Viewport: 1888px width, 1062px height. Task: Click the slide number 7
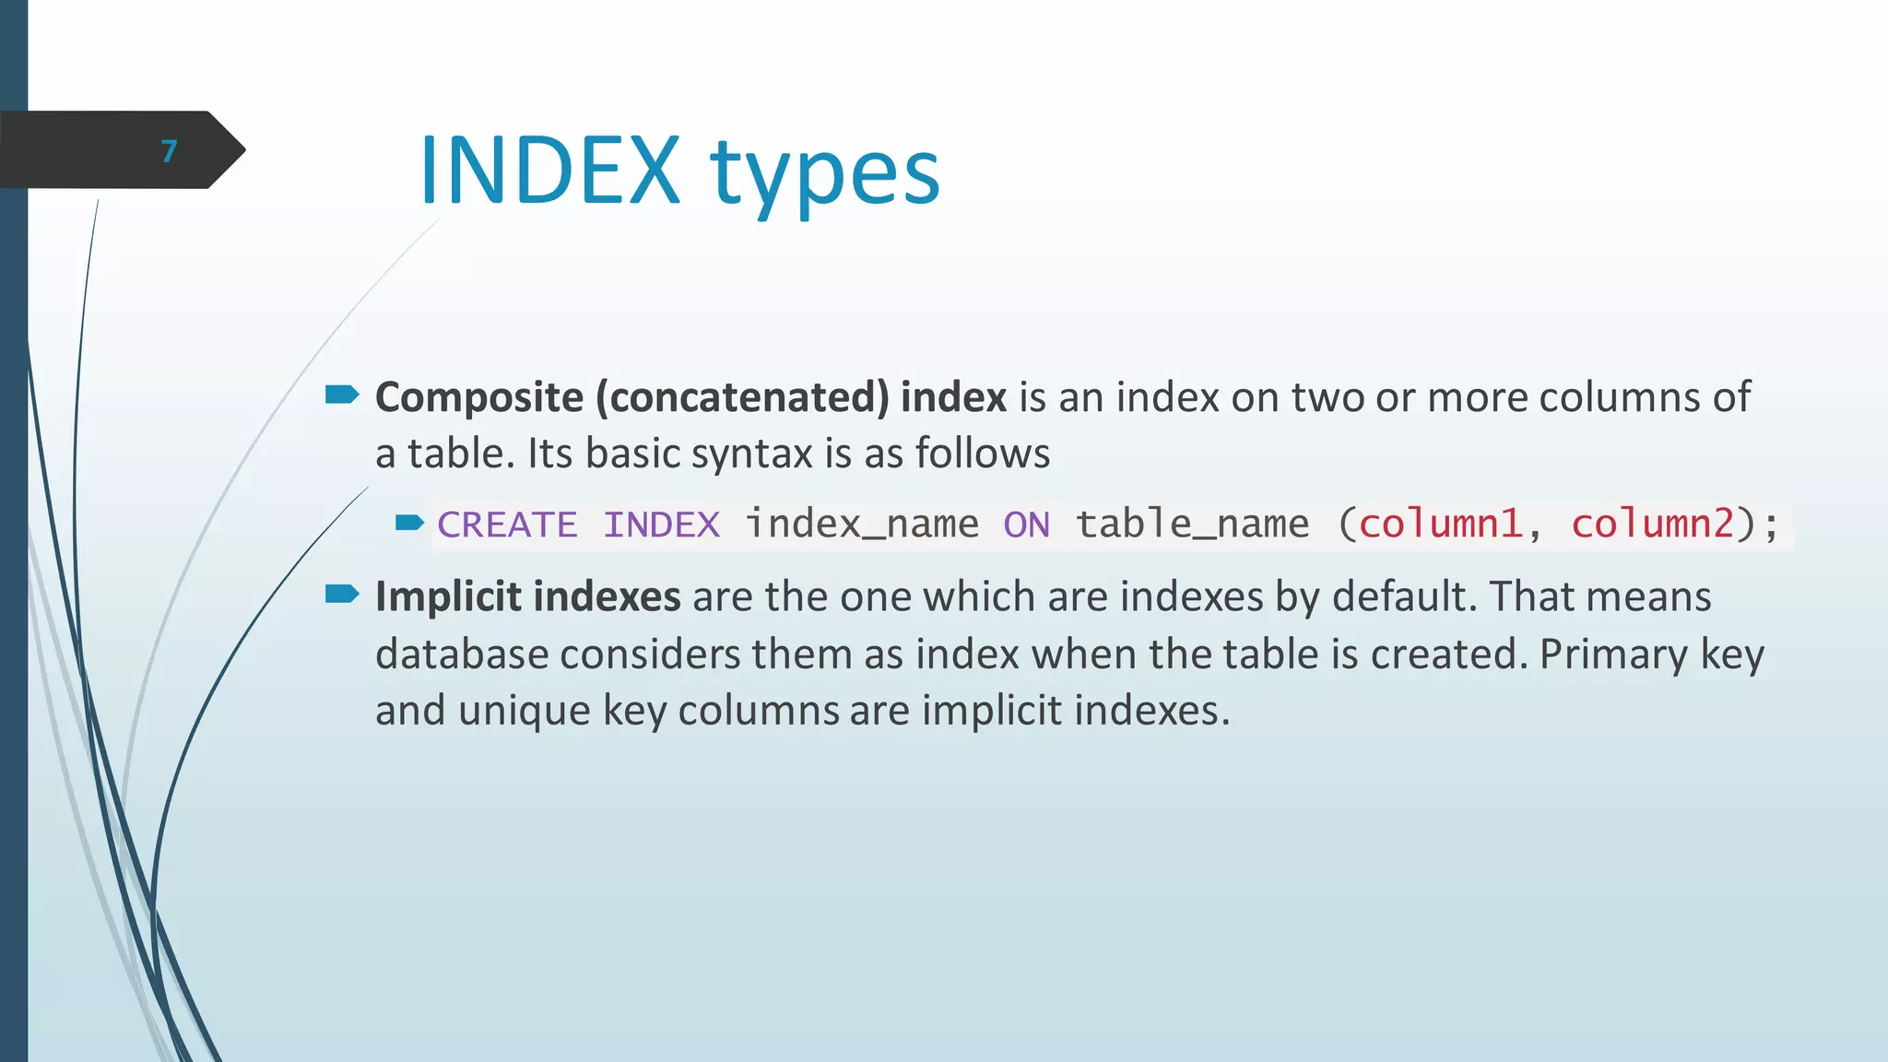tap(168, 151)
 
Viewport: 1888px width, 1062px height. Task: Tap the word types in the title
tap(824, 175)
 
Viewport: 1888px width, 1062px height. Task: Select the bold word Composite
tap(478, 398)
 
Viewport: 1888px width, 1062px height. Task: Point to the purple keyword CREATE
tap(507, 525)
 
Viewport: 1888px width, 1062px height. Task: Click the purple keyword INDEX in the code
tap(661, 525)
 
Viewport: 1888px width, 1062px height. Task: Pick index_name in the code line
tap(861, 525)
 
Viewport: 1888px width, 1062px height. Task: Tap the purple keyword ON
tap(1026, 525)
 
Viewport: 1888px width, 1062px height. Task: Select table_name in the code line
tap(1191, 525)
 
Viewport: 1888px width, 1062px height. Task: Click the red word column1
tap(1439, 525)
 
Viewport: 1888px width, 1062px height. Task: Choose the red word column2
tap(1652, 525)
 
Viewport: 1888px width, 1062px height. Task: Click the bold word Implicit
tap(448, 597)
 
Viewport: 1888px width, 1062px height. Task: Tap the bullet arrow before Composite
tap(342, 395)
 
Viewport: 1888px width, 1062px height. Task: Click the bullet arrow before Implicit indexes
tap(342, 595)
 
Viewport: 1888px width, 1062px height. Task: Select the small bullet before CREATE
tap(409, 524)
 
